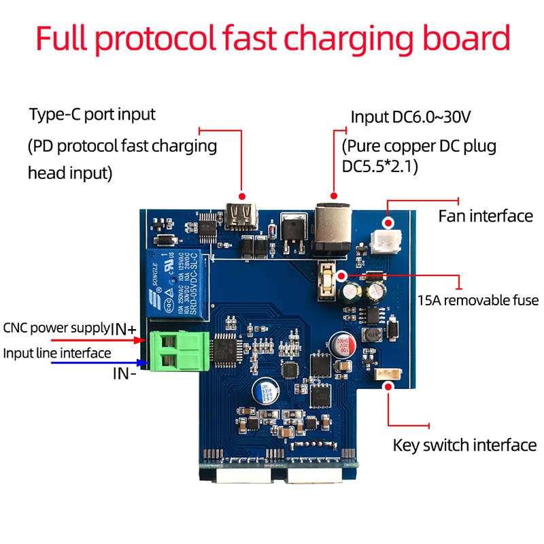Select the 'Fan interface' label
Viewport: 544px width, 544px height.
(x=486, y=216)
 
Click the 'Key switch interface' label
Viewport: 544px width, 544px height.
(x=465, y=445)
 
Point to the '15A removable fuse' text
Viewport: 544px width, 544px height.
(x=477, y=301)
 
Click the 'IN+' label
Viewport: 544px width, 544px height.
(x=124, y=329)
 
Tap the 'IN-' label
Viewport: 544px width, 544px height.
(x=124, y=373)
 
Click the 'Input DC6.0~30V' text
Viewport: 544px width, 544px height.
(x=410, y=117)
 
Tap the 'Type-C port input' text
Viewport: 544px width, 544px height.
(x=92, y=114)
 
